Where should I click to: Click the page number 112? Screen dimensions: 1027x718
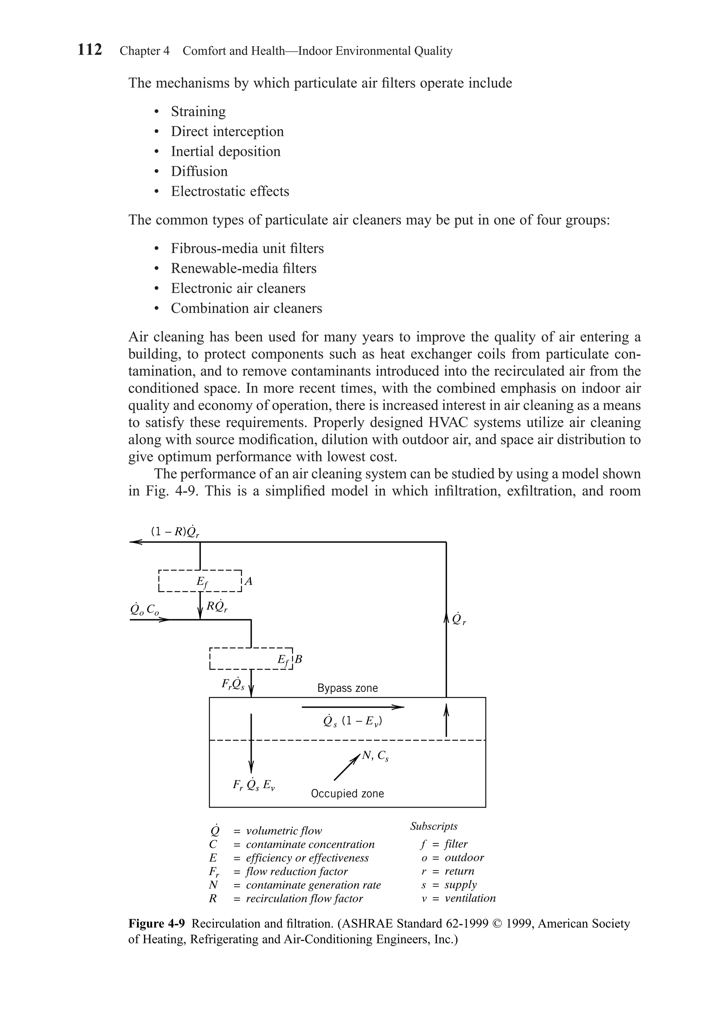pyautogui.click(x=89, y=49)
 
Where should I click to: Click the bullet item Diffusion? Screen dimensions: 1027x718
pyautogui.click(x=199, y=171)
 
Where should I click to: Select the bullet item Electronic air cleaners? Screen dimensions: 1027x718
pyautogui.click(x=238, y=288)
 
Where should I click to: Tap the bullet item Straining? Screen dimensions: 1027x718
pyautogui.click(x=198, y=111)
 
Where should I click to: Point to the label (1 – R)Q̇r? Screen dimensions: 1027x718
pyautogui.click(x=175, y=531)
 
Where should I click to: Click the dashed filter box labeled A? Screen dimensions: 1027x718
pyautogui.click(x=200, y=581)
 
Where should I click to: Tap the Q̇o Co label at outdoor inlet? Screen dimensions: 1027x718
pyautogui.click(x=144, y=609)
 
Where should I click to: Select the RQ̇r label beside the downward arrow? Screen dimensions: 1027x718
pyautogui.click(x=217, y=607)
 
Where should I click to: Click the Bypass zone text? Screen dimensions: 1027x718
pyautogui.click(x=347, y=688)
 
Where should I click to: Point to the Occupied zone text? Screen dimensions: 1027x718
pyautogui.click(x=347, y=794)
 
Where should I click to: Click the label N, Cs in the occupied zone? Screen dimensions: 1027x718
pyautogui.click(x=375, y=756)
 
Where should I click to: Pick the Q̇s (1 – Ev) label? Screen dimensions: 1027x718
pyautogui.click(x=353, y=722)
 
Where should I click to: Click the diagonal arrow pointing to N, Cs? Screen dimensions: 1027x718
pyautogui.click(x=347, y=768)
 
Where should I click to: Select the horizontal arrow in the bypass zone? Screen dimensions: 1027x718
pyautogui.click(x=353, y=707)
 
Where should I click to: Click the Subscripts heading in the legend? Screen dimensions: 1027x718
pyautogui.click(x=433, y=826)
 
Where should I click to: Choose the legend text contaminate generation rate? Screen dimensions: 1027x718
pyautogui.click(x=313, y=885)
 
